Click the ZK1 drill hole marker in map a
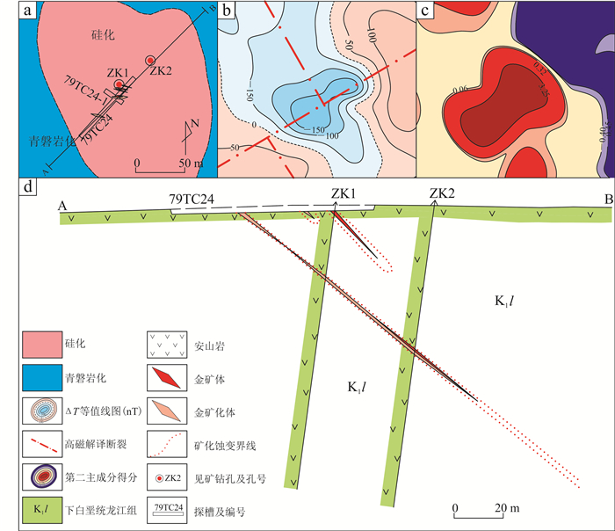(x=119, y=85)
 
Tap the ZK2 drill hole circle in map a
(x=151, y=59)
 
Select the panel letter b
(x=227, y=11)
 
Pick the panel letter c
(x=425, y=11)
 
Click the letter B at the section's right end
(x=607, y=201)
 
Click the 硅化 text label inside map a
(x=104, y=35)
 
